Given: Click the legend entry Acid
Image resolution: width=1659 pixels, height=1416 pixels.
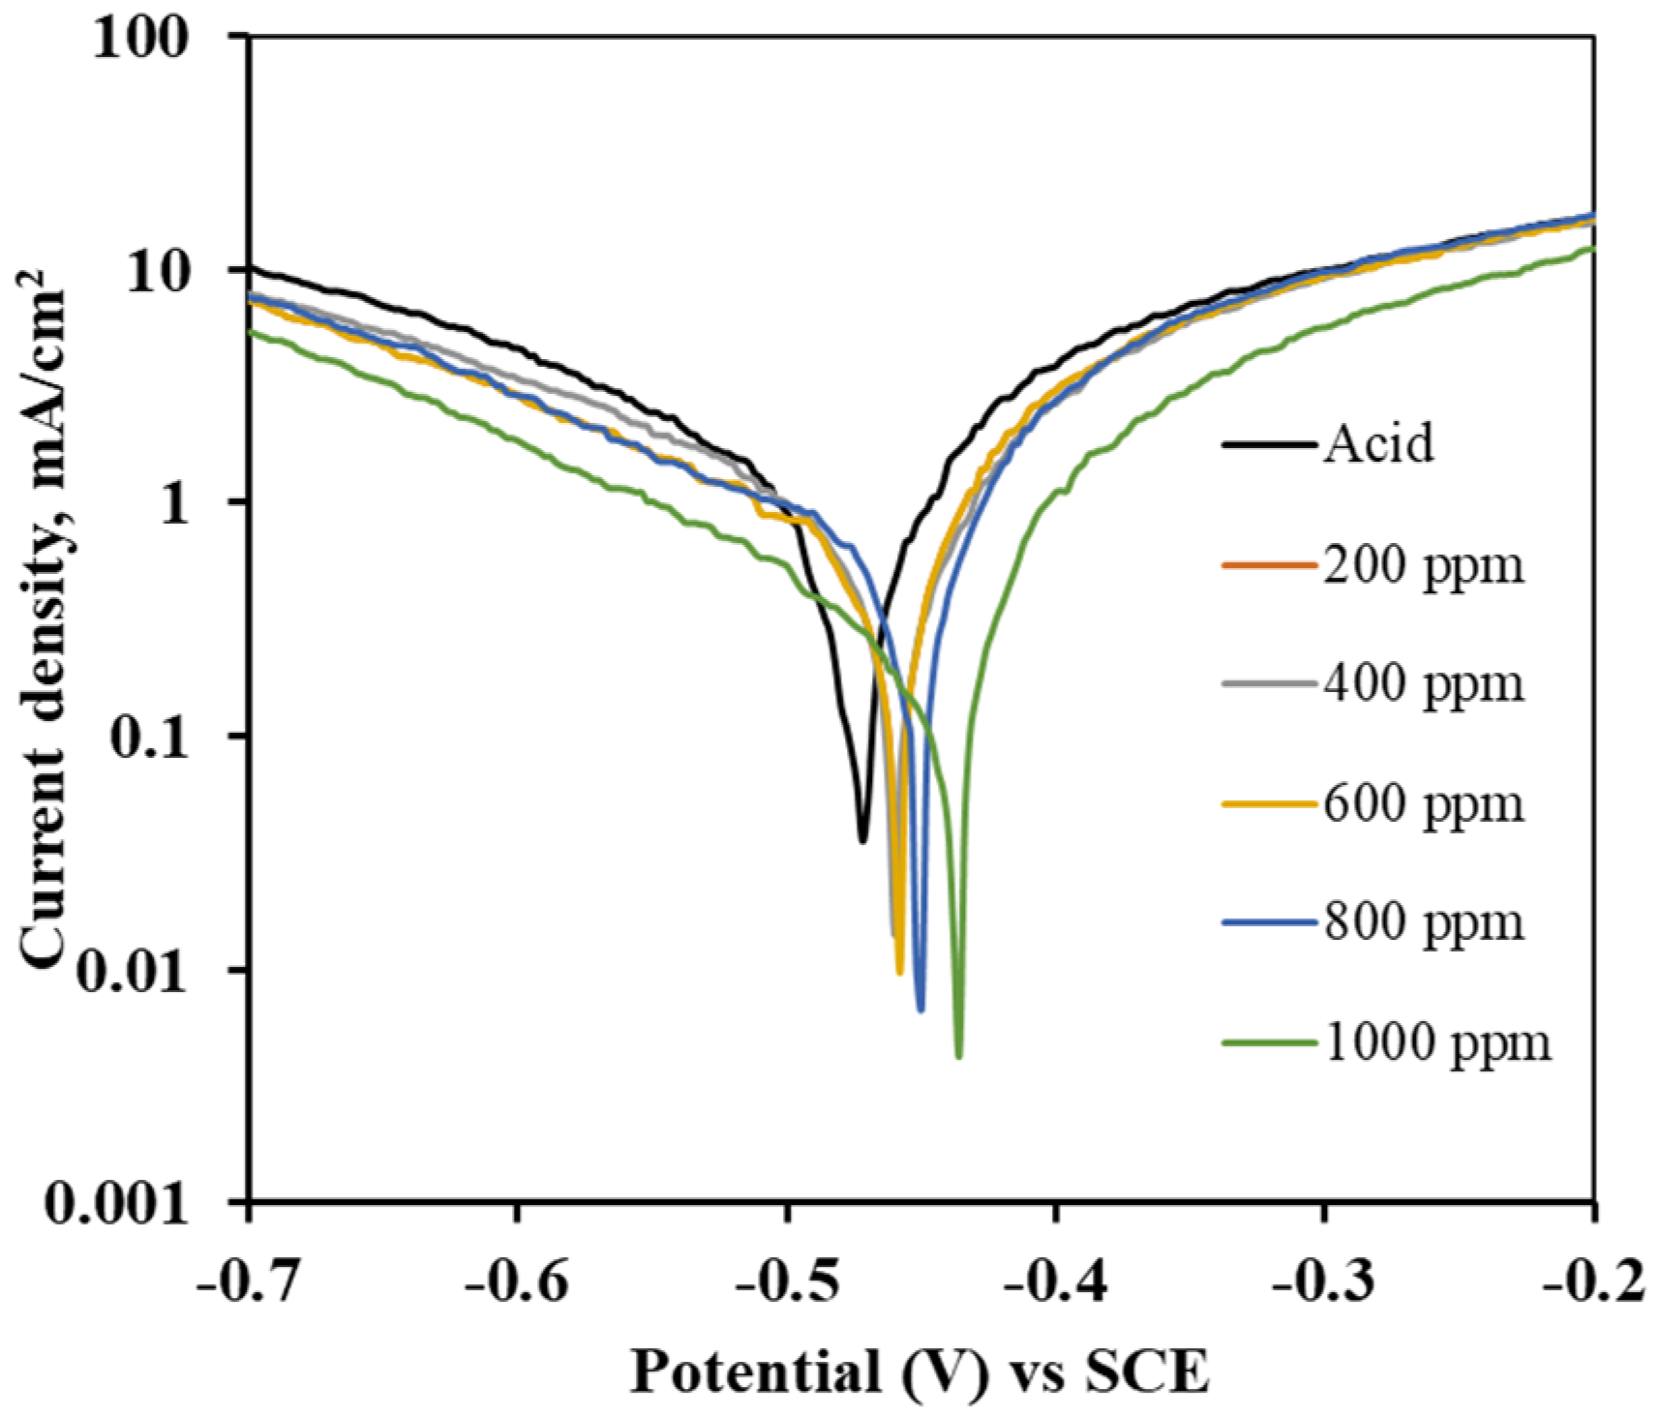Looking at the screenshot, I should pos(1378,444).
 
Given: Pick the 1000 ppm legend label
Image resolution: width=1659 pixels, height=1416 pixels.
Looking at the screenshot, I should pos(1436,1042).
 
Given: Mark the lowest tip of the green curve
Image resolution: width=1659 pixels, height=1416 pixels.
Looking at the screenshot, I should pos(958,1056).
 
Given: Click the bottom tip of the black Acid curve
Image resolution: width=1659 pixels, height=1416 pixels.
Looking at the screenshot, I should pos(862,840).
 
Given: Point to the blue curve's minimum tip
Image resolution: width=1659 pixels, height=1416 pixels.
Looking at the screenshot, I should pos(920,1009).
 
